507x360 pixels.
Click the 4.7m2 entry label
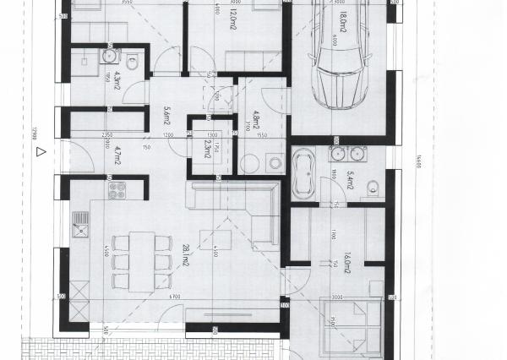(x=117, y=157)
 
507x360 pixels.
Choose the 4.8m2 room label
(x=258, y=115)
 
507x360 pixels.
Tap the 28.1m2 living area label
(x=186, y=254)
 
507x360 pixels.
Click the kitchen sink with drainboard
(x=81, y=226)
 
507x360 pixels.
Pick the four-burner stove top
(x=117, y=192)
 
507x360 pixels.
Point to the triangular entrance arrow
(x=39, y=153)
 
